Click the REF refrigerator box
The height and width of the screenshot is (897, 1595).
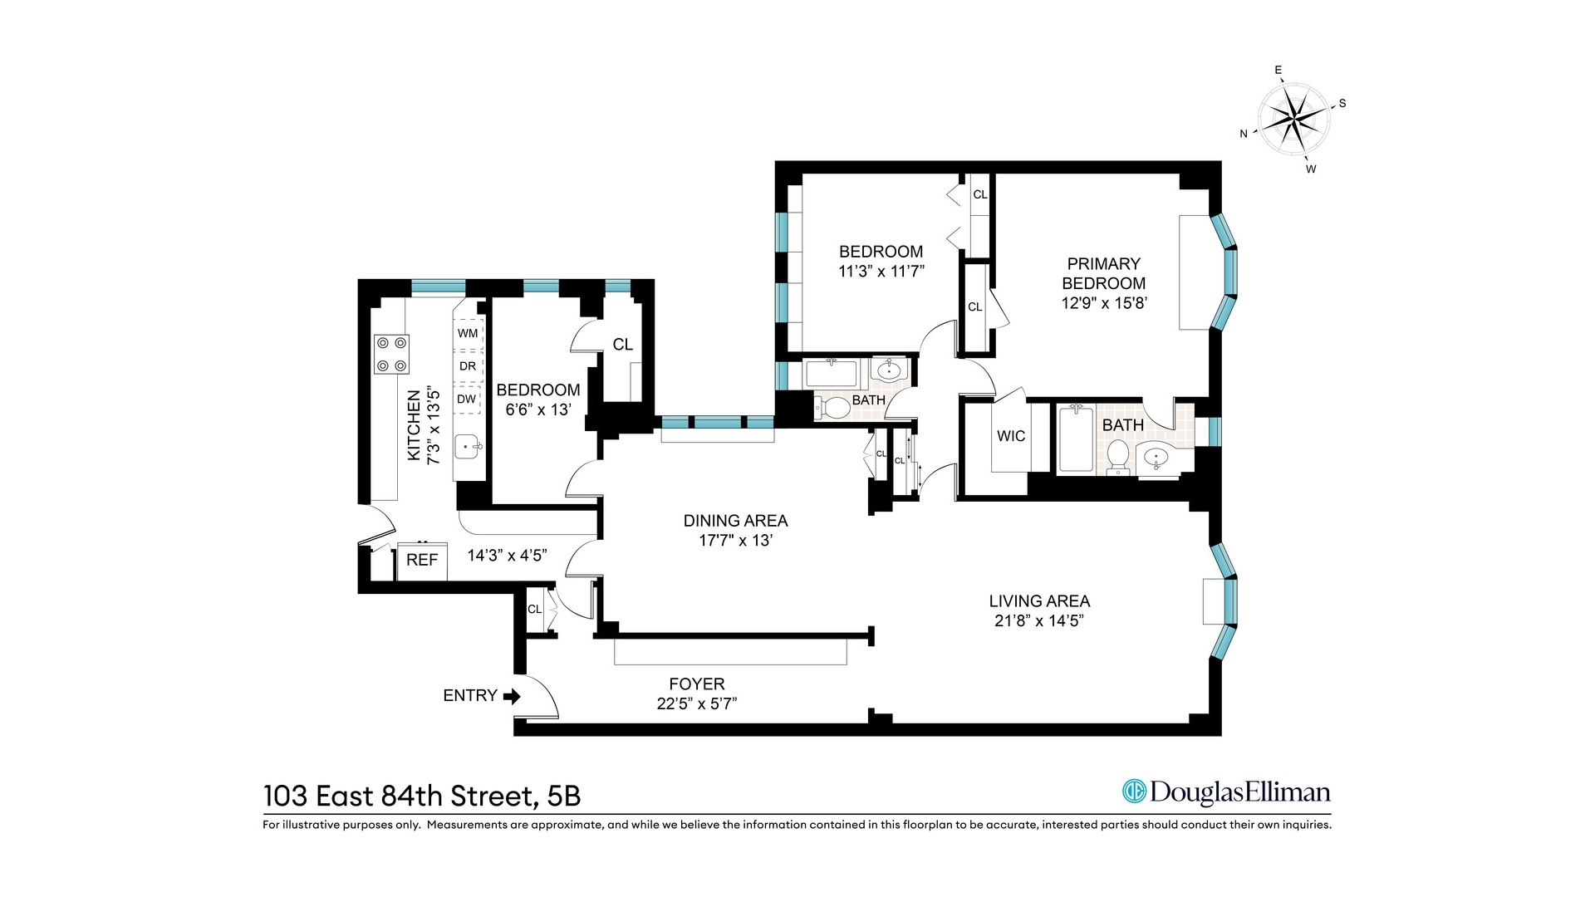tap(422, 561)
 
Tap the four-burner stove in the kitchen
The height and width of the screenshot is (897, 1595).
tap(391, 354)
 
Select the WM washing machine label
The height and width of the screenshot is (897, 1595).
tap(468, 333)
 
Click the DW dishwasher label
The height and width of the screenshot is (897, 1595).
tap(467, 399)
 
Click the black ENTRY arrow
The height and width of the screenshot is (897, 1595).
tap(512, 696)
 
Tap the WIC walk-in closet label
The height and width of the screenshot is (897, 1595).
tap(1011, 436)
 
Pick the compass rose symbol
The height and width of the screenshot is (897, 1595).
tap(1293, 120)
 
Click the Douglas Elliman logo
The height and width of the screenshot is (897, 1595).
tap(1226, 792)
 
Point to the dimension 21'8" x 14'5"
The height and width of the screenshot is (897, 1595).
tap(1039, 621)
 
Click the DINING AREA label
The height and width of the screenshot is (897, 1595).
tap(735, 521)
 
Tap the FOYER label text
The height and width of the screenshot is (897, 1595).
tap(696, 684)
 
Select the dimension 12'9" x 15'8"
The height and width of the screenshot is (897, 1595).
tap(1103, 303)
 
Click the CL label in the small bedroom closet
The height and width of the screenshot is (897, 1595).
tap(622, 345)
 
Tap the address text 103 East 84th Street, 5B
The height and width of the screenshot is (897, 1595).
tap(421, 797)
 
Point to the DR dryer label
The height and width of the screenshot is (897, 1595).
tap(468, 366)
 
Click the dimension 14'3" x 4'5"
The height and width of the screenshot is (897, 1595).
tap(507, 556)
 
